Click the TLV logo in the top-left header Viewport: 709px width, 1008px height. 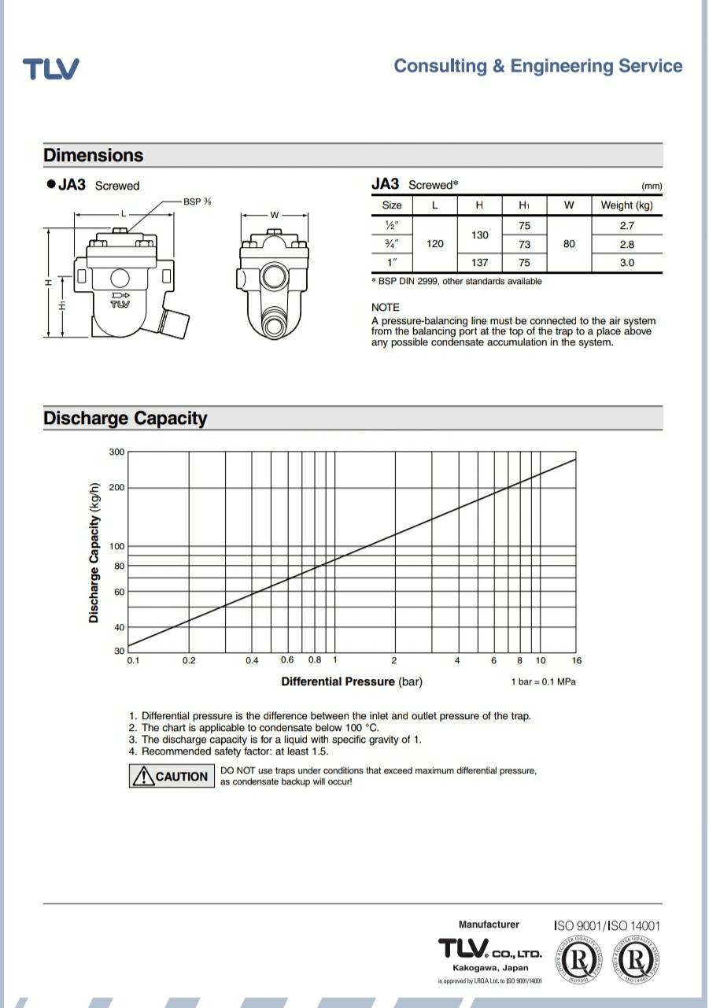pyautogui.click(x=51, y=69)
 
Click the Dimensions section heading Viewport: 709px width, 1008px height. pyautogui.click(x=94, y=155)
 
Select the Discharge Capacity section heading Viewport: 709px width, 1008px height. pyautogui.click(x=125, y=418)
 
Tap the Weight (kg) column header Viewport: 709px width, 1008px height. pyautogui.click(x=626, y=205)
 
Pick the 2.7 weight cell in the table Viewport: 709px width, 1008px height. pyautogui.click(x=626, y=226)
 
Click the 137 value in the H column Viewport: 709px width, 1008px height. pyautogui.click(x=479, y=263)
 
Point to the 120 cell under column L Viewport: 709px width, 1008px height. pyautogui.click(x=434, y=244)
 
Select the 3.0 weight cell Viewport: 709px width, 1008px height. pyautogui.click(x=626, y=263)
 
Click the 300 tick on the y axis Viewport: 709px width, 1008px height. pyautogui.click(x=116, y=452)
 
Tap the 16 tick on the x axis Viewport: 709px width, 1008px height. pyautogui.click(x=577, y=661)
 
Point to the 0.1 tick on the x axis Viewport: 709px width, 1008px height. pyautogui.click(x=133, y=661)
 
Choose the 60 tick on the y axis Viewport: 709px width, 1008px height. pyautogui.click(x=119, y=592)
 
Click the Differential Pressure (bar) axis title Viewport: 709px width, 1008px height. pyautogui.click(x=352, y=681)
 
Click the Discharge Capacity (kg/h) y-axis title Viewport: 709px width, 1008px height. pyautogui.click(x=94, y=552)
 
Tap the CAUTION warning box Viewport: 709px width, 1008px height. pyautogui.click(x=172, y=777)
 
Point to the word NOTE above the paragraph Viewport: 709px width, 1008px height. pyautogui.click(x=386, y=308)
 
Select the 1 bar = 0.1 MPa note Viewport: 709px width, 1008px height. pyautogui.click(x=543, y=681)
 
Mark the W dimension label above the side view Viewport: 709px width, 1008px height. pyautogui.click(x=274, y=215)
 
